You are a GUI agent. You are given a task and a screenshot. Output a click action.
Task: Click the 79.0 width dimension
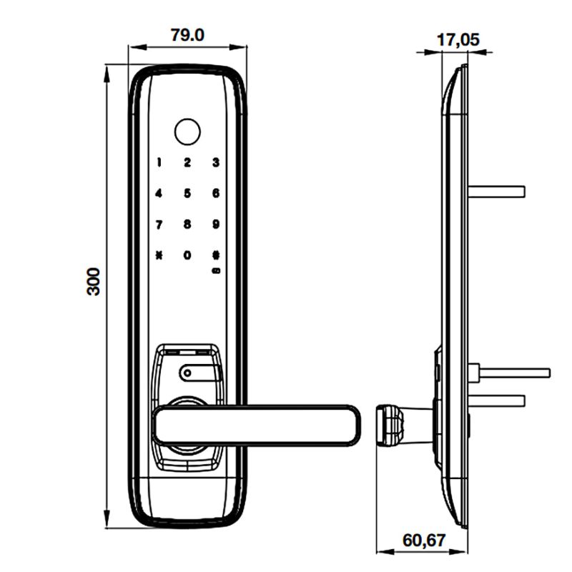(x=188, y=34)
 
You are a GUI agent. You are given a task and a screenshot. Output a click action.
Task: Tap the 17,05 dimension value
(x=458, y=39)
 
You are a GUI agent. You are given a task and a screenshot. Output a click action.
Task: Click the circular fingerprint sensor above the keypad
(x=187, y=131)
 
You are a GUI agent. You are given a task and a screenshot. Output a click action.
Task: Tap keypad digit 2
(x=187, y=162)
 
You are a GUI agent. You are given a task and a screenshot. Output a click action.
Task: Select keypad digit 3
(x=215, y=162)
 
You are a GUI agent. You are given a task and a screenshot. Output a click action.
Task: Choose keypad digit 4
(x=159, y=193)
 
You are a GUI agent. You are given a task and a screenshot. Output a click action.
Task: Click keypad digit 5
(x=187, y=193)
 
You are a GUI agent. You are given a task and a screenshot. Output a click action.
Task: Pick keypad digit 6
(x=215, y=193)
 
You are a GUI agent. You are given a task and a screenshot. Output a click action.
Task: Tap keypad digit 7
(x=159, y=224)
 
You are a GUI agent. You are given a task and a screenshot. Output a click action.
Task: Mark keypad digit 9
(x=215, y=224)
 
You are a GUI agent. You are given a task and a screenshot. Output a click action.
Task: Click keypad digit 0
(x=187, y=255)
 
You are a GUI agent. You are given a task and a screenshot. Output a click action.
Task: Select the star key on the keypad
(x=159, y=255)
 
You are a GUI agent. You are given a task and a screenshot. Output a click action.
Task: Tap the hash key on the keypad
(x=215, y=255)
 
